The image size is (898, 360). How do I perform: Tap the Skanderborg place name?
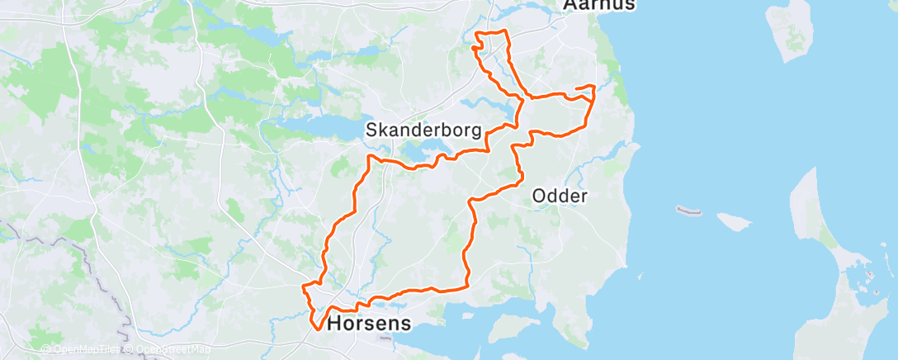[423, 130]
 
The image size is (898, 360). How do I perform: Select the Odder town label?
[560, 197]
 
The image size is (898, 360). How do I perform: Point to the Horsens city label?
[369, 323]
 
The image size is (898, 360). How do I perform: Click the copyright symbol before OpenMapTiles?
[45, 349]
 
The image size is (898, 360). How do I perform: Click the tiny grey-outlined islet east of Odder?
[688, 211]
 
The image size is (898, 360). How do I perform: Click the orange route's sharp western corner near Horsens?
[304, 287]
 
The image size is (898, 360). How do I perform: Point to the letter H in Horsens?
[335, 323]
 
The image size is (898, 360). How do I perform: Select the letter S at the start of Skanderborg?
[371, 130]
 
